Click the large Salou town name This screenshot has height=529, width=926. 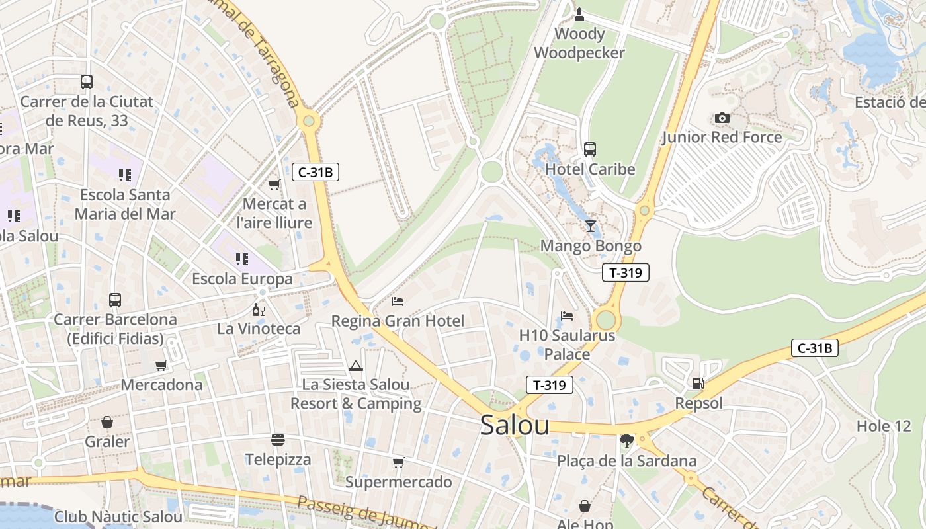click(515, 425)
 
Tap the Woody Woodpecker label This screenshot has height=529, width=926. click(579, 44)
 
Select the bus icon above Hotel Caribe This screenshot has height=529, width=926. click(590, 149)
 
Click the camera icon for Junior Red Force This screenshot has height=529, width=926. click(722, 118)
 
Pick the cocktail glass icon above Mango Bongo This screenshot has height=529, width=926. click(591, 226)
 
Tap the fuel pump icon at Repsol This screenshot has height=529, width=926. click(698, 384)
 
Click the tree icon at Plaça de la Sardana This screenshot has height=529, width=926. click(626, 440)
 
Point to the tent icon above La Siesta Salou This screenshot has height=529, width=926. click(356, 366)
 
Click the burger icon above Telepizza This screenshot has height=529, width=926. click(278, 440)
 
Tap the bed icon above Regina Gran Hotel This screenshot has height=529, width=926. click(398, 302)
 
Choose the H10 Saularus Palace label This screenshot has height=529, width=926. click(567, 345)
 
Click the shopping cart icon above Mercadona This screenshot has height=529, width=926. click(161, 366)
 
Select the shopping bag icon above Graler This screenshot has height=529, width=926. click(107, 422)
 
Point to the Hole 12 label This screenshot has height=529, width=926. click(884, 427)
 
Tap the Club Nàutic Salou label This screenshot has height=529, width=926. click(118, 517)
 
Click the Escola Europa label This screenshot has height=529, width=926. click(242, 279)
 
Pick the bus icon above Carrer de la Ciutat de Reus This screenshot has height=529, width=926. click(87, 82)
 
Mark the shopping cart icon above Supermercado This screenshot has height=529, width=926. click(398, 463)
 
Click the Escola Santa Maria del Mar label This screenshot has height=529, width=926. click(125, 204)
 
